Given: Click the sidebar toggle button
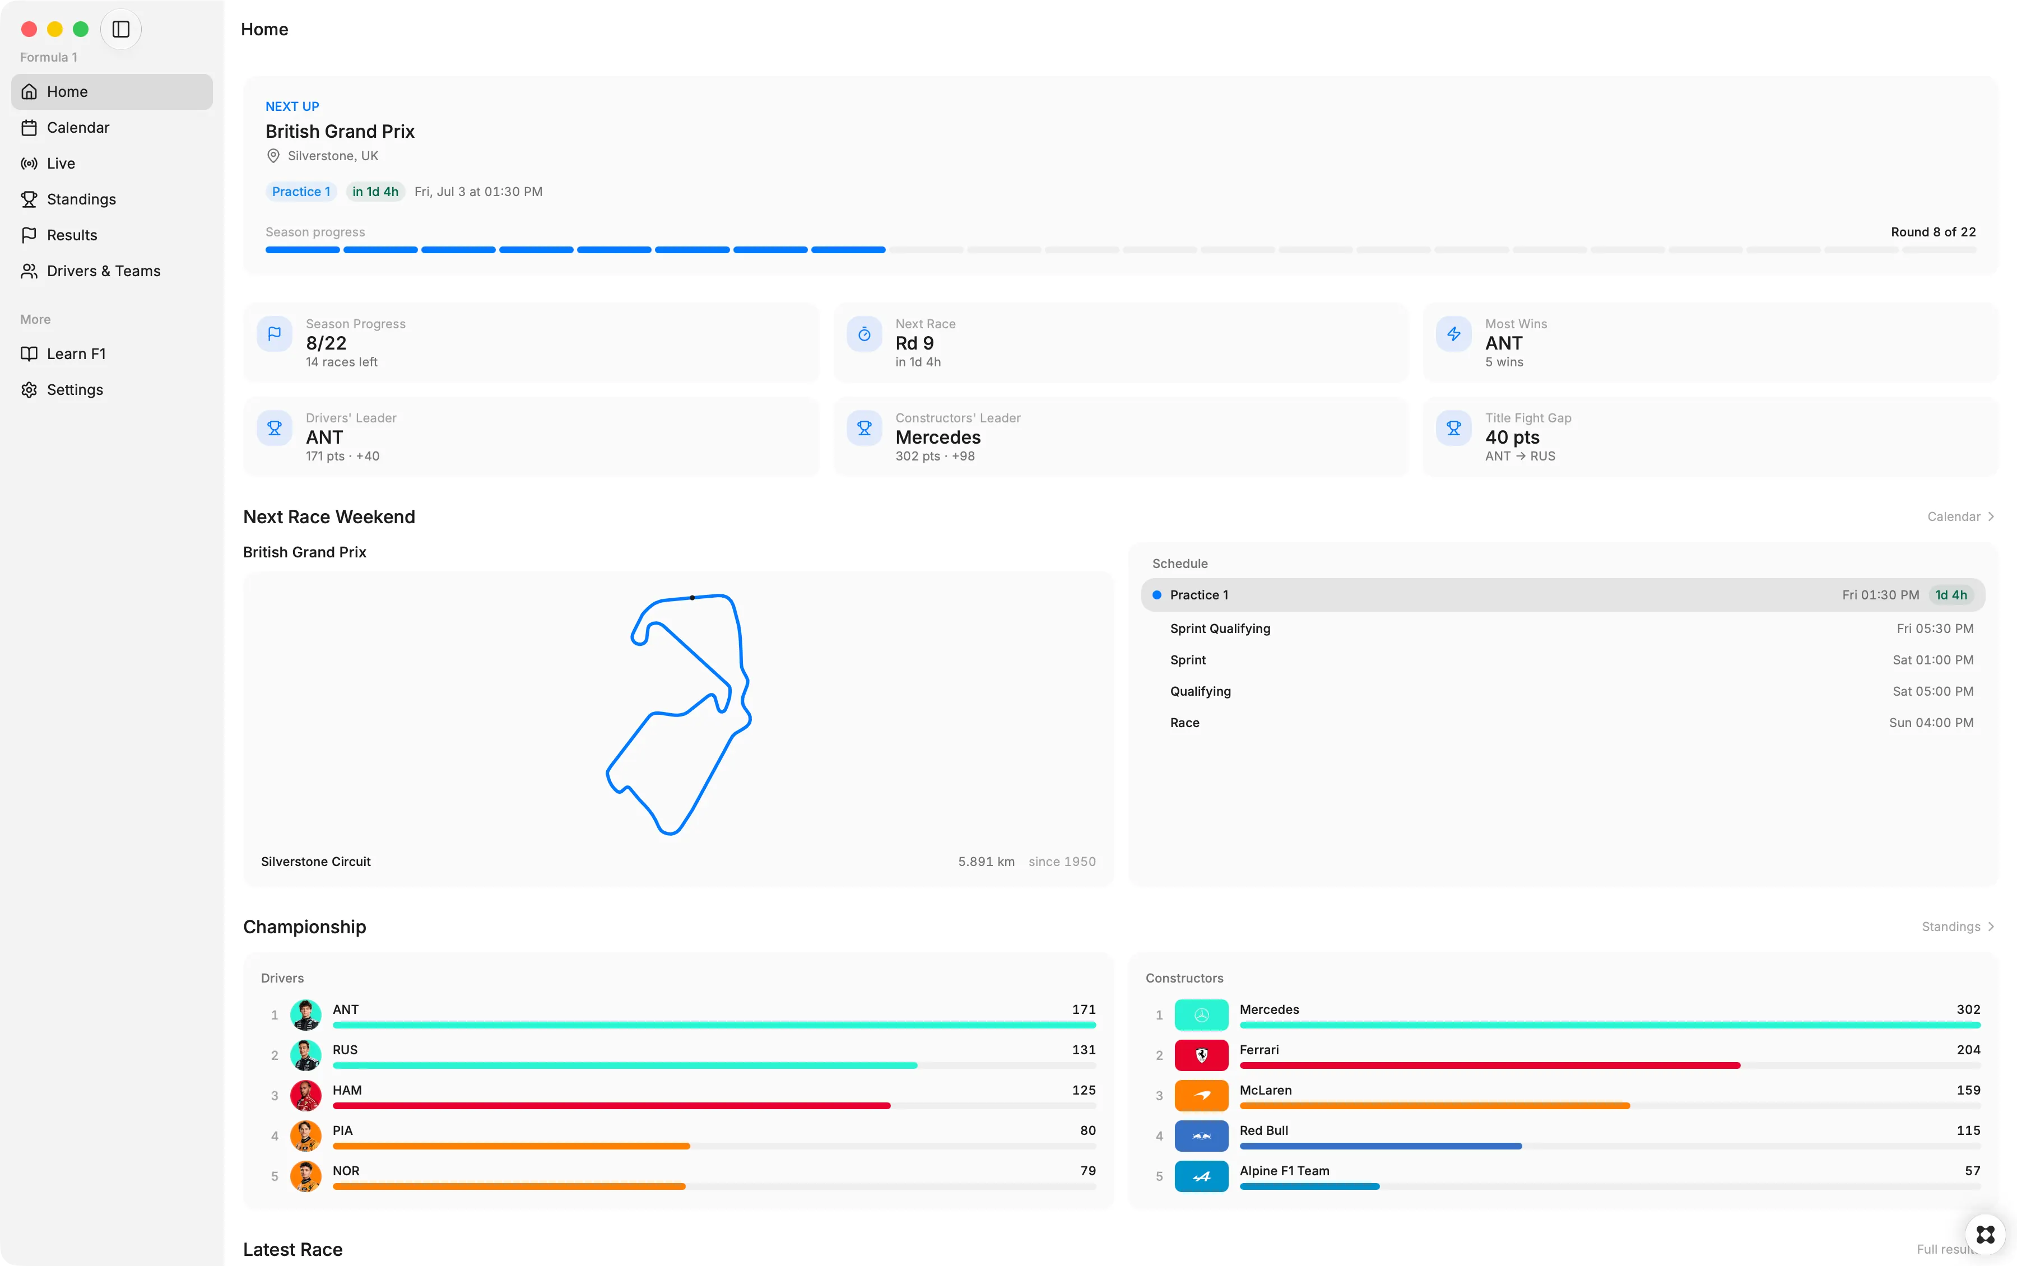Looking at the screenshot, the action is pos(120,29).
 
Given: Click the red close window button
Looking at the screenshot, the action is pos(29,29).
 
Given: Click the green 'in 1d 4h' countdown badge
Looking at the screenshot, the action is pos(375,192).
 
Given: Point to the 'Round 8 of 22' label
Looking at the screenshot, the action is pos(1932,232).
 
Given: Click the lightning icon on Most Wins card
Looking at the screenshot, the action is pos(1453,334).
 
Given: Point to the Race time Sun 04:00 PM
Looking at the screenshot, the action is pos(1931,723).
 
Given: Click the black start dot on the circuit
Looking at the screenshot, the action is pos(693,598).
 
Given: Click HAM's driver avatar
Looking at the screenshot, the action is pos(305,1095).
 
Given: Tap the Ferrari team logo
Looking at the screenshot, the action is pos(1201,1055).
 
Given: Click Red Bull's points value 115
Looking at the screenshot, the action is pos(1968,1130).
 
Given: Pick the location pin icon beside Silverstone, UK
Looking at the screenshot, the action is pos(273,156).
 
